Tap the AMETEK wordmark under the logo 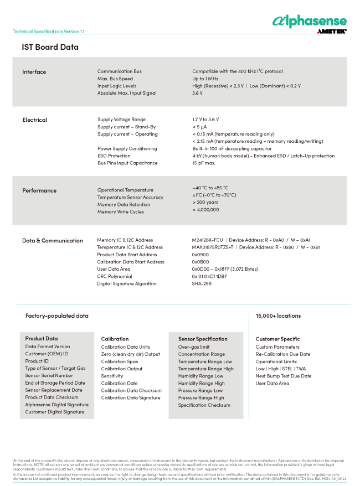pyautogui.click(x=332, y=32)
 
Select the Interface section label pyautogui.click(x=34, y=72)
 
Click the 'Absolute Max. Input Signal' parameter pyautogui.click(x=127, y=93)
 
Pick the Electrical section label pyautogui.click(x=34, y=120)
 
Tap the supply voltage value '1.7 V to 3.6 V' pyautogui.click(x=205, y=120)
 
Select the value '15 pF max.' pyautogui.click(x=204, y=163)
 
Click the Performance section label pyautogui.click(x=39, y=190)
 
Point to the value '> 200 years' pyautogui.click(x=205, y=203)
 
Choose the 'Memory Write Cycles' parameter pyautogui.click(x=121, y=211)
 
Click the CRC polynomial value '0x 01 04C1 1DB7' pyautogui.click(x=209, y=276)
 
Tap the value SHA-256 pyautogui.click(x=202, y=283)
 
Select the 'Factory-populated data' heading pyautogui.click(x=56, y=316)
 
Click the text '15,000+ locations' pyautogui.click(x=278, y=316)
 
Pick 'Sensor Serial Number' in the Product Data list pyautogui.click(x=49, y=375)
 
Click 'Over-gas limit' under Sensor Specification pyautogui.click(x=194, y=347)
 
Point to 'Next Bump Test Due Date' pyautogui.click(x=283, y=376)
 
